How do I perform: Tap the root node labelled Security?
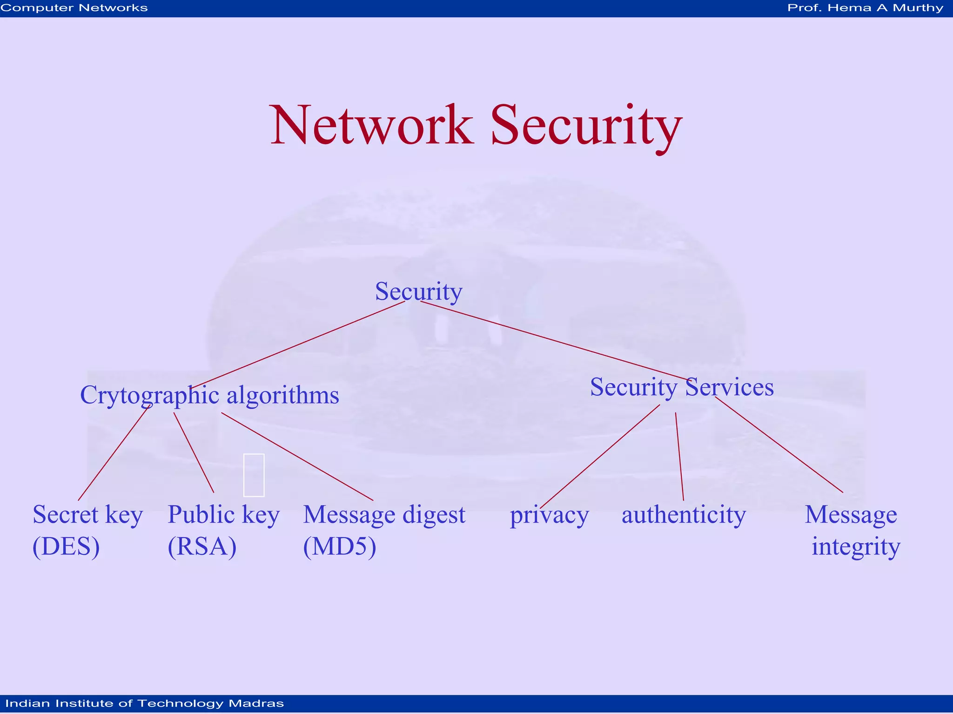tap(418, 291)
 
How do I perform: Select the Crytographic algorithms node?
tap(209, 395)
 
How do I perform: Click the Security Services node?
tap(682, 387)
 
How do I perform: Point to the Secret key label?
tap(87, 515)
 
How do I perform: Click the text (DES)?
tap(66, 546)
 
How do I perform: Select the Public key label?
tap(223, 515)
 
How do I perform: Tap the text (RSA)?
tap(202, 546)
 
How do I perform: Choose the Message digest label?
tap(384, 515)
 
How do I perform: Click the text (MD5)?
tap(340, 546)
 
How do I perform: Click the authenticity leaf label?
tap(684, 515)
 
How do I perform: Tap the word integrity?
tap(856, 546)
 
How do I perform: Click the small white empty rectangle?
tap(254, 475)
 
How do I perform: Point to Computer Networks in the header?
tap(74, 8)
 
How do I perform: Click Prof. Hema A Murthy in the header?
tap(865, 8)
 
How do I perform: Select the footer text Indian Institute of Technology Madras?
tap(144, 703)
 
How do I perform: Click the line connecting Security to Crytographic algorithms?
tap(298, 344)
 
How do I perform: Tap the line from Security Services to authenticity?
tap(679, 456)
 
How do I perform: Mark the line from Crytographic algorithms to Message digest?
tap(298, 457)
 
